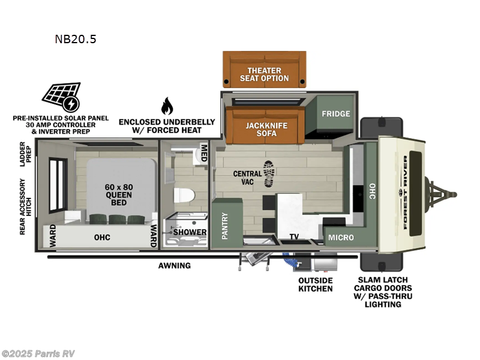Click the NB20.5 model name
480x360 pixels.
(x=75, y=40)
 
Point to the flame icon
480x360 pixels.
(x=166, y=106)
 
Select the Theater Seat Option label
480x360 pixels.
(x=264, y=74)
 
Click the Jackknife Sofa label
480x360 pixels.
(x=265, y=129)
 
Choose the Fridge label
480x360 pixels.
(x=335, y=114)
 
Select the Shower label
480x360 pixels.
(x=190, y=232)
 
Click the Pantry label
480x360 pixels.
(x=225, y=229)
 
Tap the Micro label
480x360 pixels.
(x=341, y=238)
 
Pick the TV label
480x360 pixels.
(x=294, y=237)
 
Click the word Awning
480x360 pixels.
(x=175, y=265)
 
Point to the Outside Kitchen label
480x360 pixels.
(x=316, y=284)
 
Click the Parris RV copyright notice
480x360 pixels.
(x=38, y=353)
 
